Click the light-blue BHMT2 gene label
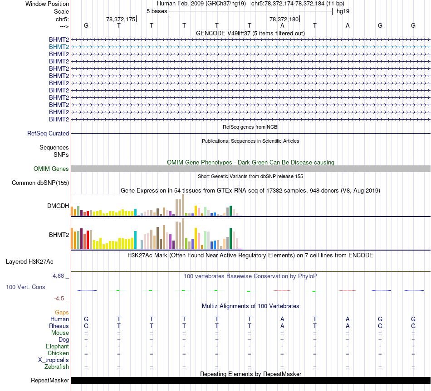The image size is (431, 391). [x=59, y=47]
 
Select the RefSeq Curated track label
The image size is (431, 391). [x=48, y=134]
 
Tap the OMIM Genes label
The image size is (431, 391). [x=51, y=169]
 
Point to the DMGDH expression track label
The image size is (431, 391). [x=58, y=206]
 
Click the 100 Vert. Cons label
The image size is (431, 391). [x=25, y=287]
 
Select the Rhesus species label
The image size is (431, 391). [x=59, y=326]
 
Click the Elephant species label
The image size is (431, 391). [x=57, y=347]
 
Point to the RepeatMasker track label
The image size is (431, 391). [x=50, y=381]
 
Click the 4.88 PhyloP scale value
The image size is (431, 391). [x=59, y=275]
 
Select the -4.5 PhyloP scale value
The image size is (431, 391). [x=60, y=299]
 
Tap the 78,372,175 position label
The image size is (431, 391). [x=121, y=19]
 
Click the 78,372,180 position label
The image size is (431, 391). [x=284, y=19]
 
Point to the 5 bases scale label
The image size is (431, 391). [x=157, y=11]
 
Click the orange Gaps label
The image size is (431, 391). [x=62, y=313]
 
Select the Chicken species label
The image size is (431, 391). [x=58, y=353]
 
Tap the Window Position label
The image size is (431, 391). [x=47, y=4]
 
